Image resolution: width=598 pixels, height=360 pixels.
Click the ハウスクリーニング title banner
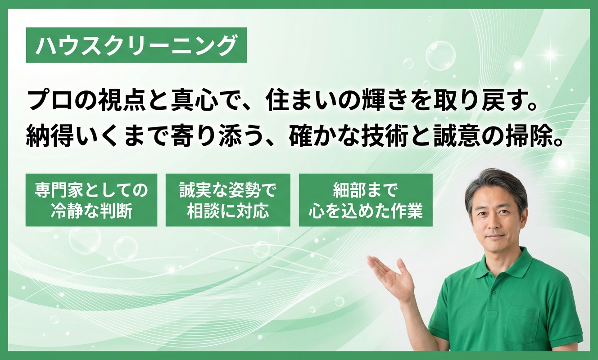(x=136, y=45)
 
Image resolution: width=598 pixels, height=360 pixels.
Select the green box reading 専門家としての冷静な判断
(x=91, y=200)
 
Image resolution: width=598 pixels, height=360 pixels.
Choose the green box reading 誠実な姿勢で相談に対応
(x=228, y=200)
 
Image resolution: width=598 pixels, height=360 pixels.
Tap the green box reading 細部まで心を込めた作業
(x=366, y=200)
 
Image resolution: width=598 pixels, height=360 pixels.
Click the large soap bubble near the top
(x=440, y=55)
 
